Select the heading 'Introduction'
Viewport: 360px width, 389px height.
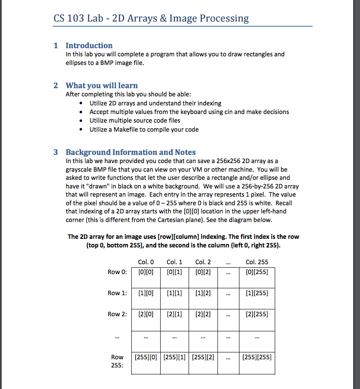[x=89, y=46]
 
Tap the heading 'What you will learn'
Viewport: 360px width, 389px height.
[x=102, y=86]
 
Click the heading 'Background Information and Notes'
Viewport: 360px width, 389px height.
[x=130, y=152]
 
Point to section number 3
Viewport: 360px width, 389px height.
[x=56, y=152]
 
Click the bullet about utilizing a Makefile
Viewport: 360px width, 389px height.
[x=144, y=130]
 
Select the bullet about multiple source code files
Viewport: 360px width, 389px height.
[x=135, y=120]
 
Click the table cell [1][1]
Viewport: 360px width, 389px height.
[x=174, y=293]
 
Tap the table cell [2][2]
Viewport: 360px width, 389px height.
[x=203, y=315]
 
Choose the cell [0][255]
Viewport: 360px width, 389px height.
[x=257, y=272]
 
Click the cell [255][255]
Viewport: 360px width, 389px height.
[x=257, y=357]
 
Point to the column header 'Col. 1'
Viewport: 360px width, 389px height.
[x=174, y=262]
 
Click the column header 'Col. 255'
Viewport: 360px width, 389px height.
[x=257, y=262]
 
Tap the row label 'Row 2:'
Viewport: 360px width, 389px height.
[x=117, y=315]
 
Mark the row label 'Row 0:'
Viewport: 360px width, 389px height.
[x=117, y=272]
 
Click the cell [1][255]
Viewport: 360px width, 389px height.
[x=257, y=293]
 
